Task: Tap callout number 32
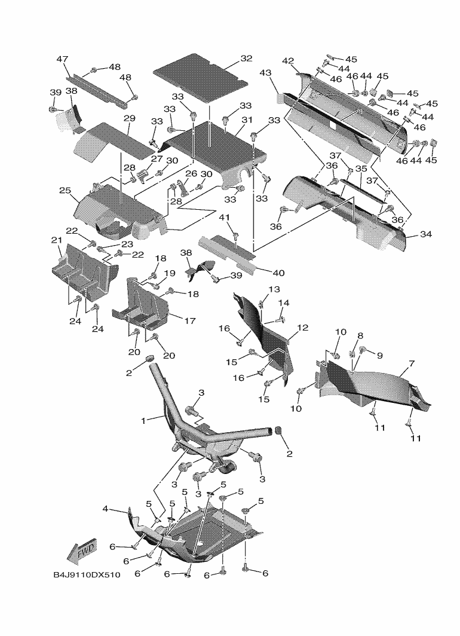pyautogui.click(x=246, y=59)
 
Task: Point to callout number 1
pyautogui.click(x=143, y=420)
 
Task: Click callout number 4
pyautogui.click(x=106, y=509)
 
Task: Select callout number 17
pyautogui.click(x=189, y=321)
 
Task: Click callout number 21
pyautogui.click(x=57, y=240)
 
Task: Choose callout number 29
pyautogui.click(x=130, y=118)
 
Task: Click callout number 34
pyautogui.click(x=425, y=234)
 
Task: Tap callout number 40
pyautogui.click(x=278, y=273)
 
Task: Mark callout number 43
pyautogui.click(x=265, y=73)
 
